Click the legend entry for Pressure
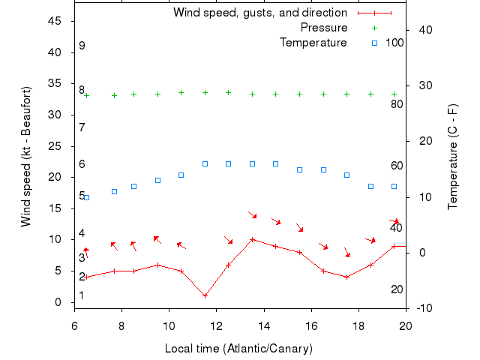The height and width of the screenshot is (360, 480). click(324, 28)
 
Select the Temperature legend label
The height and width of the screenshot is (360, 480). click(313, 43)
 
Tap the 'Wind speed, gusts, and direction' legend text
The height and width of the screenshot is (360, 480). click(259, 13)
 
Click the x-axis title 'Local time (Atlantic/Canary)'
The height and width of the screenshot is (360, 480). click(238, 349)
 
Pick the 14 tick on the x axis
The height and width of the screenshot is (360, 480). click(264, 325)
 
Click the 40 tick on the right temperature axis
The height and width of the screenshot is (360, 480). click(421, 30)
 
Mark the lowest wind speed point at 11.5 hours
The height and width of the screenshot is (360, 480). click(205, 295)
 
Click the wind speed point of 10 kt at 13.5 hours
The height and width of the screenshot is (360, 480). click(252, 240)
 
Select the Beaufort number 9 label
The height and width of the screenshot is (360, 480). click(82, 46)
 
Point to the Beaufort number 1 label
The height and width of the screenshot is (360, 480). click(82, 295)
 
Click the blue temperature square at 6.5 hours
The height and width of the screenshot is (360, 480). click(86, 197)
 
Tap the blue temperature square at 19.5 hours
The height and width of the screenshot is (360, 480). click(394, 186)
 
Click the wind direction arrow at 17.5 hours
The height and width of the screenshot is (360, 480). click(346, 252)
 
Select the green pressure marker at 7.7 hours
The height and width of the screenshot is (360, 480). click(114, 95)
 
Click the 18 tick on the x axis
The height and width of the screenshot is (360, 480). click(358, 325)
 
